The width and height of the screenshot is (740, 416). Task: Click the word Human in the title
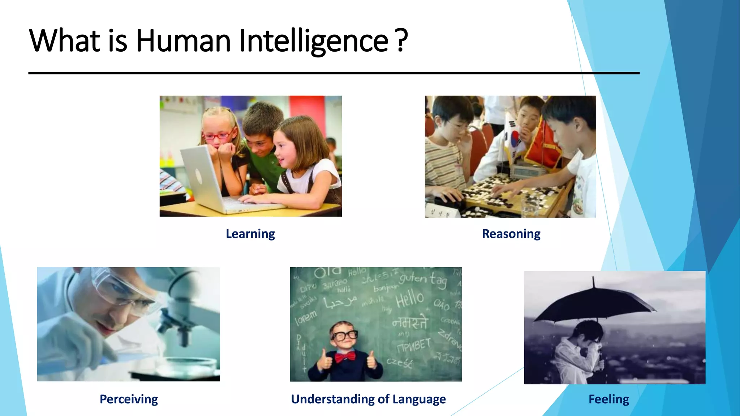(183, 40)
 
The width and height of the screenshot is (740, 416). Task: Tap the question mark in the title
(401, 40)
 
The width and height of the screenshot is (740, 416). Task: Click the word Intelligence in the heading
(314, 41)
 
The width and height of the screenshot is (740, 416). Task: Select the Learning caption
(250, 234)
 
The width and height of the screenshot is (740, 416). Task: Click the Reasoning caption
(511, 234)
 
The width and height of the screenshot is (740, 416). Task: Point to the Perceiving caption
(129, 399)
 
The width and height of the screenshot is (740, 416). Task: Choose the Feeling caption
(609, 399)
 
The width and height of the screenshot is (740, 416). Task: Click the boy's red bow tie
(345, 357)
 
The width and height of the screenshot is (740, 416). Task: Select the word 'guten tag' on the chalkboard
(423, 280)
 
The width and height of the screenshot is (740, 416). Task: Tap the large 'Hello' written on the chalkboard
(409, 299)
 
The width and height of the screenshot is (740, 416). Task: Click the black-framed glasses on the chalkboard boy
(345, 335)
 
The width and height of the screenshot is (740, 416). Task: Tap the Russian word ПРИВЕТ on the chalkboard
(414, 345)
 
